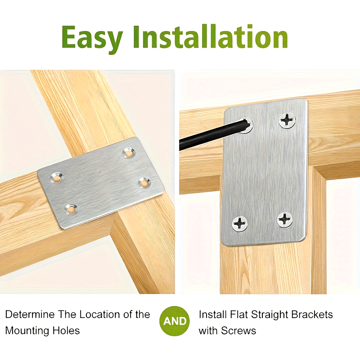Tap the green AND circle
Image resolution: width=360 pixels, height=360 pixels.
tap(175, 321)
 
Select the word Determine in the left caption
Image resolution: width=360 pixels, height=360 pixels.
tap(30, 314)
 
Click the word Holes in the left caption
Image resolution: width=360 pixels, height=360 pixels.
tap(66, 331)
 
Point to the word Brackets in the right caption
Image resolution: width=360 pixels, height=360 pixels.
tap(312, 314)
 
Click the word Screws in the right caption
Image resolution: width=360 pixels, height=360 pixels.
tap(238, 331)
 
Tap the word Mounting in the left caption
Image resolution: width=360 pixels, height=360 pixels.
tap(27, 331)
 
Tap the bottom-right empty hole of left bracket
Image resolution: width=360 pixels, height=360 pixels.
tap(144, 183)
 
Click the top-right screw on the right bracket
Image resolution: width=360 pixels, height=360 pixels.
tap(287, 120)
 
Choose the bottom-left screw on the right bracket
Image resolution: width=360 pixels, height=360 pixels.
tap(240, 223)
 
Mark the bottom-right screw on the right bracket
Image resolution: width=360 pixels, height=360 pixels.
tap(285, 220)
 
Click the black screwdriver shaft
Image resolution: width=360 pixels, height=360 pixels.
tap(211, 135)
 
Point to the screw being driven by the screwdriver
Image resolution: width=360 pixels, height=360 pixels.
tap(245, 125)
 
